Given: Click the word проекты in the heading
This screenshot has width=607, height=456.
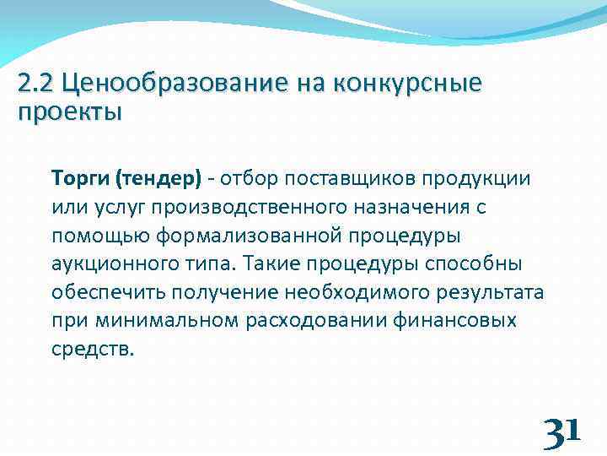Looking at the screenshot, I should [x=69, y=111].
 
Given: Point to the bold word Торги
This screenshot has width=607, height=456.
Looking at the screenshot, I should [x=80, y=179].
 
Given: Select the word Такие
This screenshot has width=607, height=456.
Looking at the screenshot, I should [x=272, y=264].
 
